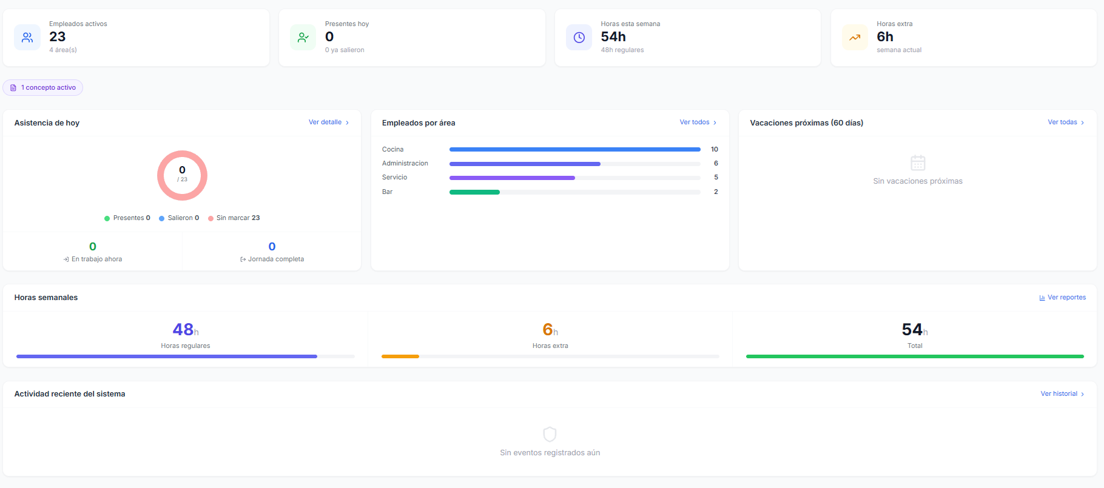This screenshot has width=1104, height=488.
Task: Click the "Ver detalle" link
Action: pyautogui.click(x=329, y=122)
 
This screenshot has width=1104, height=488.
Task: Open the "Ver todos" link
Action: pyautogui.click(x=698, y=122)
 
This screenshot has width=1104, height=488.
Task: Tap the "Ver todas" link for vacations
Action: pyautogui.click(x=1066, y=122)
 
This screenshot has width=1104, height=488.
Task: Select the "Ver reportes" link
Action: pyautogui.click(x=1062, y=298)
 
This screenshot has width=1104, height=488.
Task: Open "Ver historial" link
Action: pyautogui.click(x=1062, y=394)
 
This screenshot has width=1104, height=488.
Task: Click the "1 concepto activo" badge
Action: pyautogui.click(x=43, y=88)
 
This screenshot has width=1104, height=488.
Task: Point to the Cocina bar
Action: pyautogui.click(x=574, y=149)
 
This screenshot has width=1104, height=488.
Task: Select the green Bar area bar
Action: pyautogui.click(x=474, y=192)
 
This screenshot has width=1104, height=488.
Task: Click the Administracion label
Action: pyautogui.click(x=405, y=164)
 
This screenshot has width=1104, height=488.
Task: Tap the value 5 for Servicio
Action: pyautogui.click(x=716, y=178)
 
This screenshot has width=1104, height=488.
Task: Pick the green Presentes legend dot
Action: pyautogui.click(x=107, y=218)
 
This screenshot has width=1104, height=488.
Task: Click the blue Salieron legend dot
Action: pyautogui.click(x=161, y=218)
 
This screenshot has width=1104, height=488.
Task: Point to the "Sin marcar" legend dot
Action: pyautogui.click(x=210, y=218)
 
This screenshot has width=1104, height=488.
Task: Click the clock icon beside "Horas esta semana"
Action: pyautogui.click(x=579, y=38)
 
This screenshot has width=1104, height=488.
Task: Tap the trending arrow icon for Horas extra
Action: pyautogui.click(x=855, y=38)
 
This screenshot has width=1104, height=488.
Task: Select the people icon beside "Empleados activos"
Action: pyautogui.click(x=27, y=38)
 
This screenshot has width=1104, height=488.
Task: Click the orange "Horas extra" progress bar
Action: pyautogui.click(x=400, y=356)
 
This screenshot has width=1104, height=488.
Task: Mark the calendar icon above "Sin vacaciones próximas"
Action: pyautogui.click(x=918, y=162)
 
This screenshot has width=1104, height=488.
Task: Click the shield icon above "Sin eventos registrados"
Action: pyautogui.click(x=550, y=434)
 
